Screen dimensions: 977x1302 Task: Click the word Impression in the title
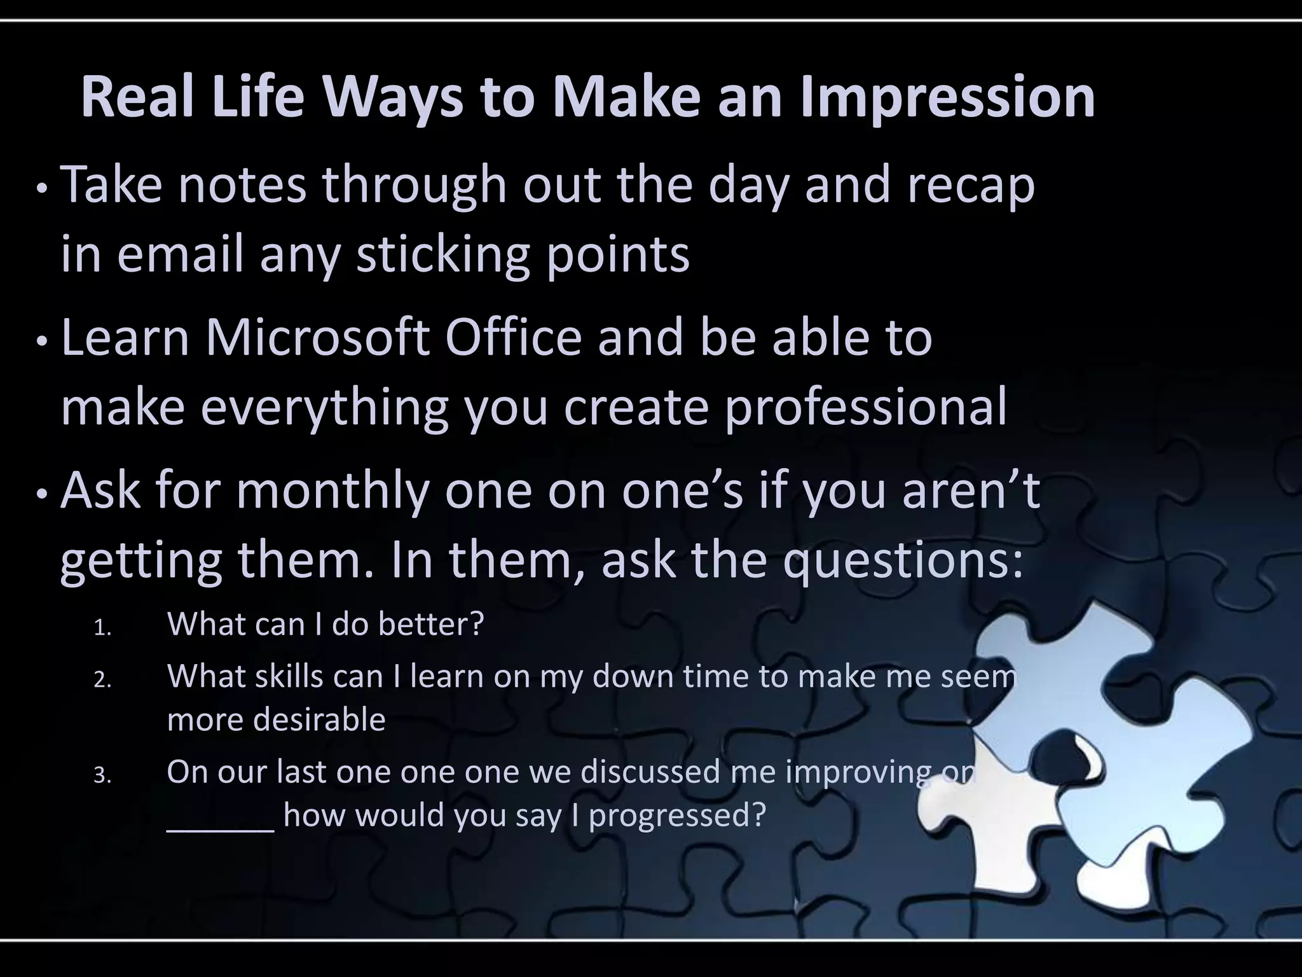pos(947,99)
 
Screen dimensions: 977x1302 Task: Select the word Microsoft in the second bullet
pos(316,338)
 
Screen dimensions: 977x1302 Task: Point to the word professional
pos(866,407)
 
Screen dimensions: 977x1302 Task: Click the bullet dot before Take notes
pos(41,189)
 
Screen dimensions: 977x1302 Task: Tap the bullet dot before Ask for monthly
pos(41,494)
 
